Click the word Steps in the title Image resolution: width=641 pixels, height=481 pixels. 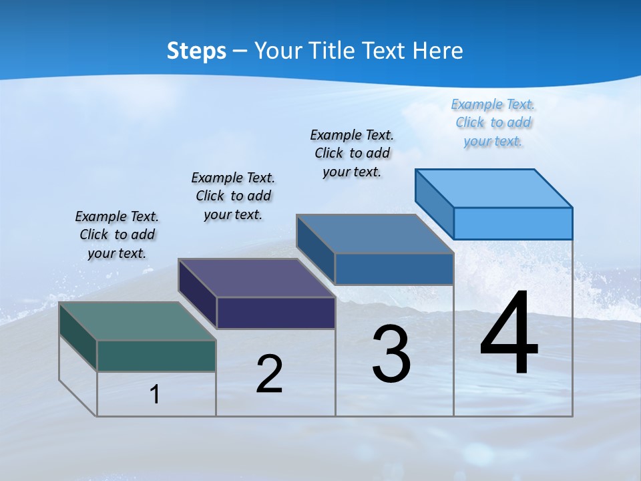coord(196,51)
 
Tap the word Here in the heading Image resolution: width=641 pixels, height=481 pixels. coord(438,51)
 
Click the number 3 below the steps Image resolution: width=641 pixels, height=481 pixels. coord(391,354)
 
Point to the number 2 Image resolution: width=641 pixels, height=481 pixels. coord(269,374)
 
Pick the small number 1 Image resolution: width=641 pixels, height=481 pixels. coord(155,394)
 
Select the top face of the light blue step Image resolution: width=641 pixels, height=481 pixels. coord(494,188)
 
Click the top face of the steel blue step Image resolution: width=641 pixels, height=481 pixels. coord(375,234)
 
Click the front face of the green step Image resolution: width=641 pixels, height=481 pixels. coord(156,355)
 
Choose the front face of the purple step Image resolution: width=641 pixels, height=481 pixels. coord(276,313)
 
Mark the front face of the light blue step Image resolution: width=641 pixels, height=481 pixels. coord(513,222)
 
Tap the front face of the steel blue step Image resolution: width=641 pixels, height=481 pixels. coord(394,269)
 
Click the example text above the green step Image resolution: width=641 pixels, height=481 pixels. coord(117,234)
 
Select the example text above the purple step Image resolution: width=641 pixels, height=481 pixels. coord(233,196)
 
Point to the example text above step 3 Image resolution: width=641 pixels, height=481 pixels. coord(352,153)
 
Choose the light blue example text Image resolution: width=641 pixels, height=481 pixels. coord(493,122)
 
